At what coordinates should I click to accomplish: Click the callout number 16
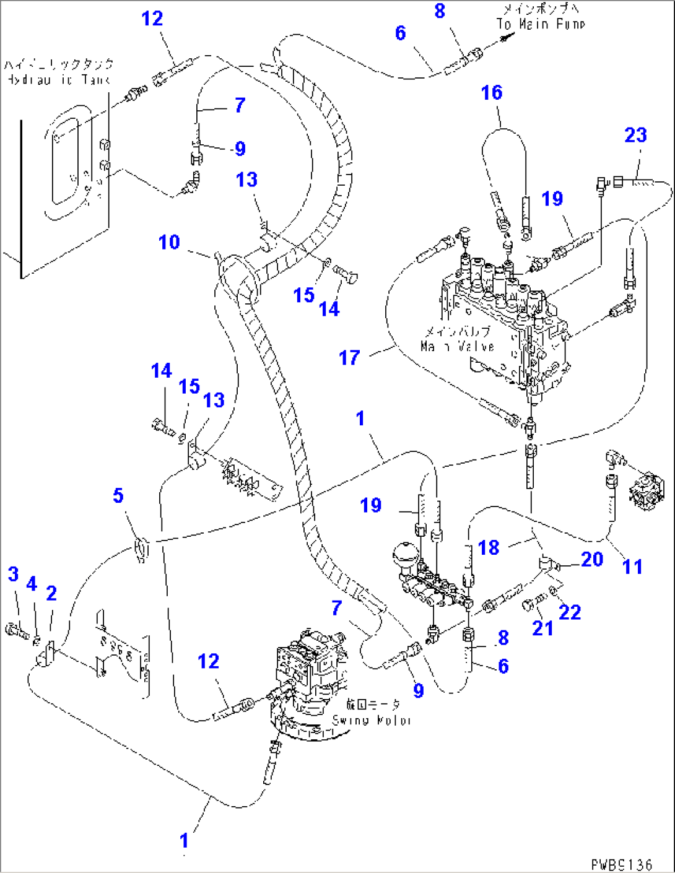pos(492,93)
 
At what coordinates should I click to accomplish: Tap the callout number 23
pos(635,135)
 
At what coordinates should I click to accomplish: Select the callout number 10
pos(169,242)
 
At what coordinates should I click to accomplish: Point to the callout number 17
pos(349,357)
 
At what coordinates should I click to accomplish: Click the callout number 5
pos(118,495)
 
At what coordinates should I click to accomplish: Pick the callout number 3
pos(14,574)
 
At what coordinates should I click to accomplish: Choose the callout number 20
pos(592,559)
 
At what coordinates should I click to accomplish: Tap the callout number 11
pos(632,566)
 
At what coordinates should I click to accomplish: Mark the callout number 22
pos(570,612)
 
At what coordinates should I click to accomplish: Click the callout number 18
pos(489,547)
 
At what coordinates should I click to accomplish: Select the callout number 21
pos(542,628)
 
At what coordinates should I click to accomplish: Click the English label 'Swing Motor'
pos(372,720)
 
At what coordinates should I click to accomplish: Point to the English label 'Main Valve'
pos(457,347)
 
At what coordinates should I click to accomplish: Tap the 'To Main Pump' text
pos(540,24)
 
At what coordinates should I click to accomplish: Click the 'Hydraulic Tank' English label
pos(58,79)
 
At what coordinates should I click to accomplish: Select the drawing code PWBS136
pos(621,864)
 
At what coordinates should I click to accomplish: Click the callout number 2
pos(51,593)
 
